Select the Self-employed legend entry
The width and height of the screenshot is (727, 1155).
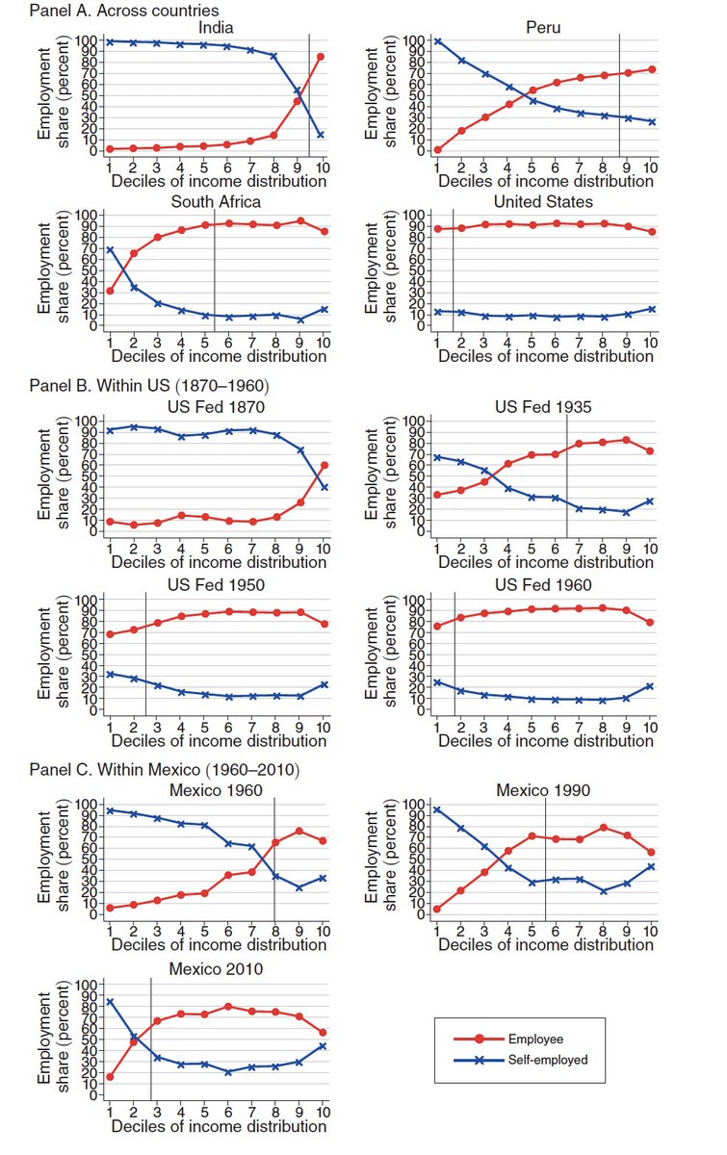[x=521, y=1060]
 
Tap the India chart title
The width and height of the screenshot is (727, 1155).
[x=216, y=27]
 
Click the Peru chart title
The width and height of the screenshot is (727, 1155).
[x=543, y=27]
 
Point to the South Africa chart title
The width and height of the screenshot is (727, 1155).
[x=216, y=201]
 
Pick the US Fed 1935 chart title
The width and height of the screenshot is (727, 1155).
[x=543, y=407]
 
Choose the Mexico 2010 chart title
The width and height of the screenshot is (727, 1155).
[x=216, y=969]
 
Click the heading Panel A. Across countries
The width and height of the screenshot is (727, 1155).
[x=124, y=11]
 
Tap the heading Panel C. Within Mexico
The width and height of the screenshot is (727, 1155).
[x=165, y=770]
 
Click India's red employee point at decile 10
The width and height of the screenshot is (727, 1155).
[x=321, y=57]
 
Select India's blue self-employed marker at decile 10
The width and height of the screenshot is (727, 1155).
[x=321, y=135]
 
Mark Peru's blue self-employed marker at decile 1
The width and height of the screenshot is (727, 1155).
[x=437, y=40]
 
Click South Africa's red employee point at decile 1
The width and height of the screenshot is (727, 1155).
[x=110, y=292]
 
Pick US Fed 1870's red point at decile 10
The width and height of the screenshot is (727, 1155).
[x=325, y=465]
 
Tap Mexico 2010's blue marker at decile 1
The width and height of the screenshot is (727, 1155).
[x=110, y=1001]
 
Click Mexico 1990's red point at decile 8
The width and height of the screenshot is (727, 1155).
[x=603, y=827]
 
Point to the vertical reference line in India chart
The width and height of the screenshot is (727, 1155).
[x=309, y=95]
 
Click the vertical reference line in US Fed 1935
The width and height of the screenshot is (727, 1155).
[x=567, y=475]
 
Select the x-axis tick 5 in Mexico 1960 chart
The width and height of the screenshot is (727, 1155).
[x=204, y=931]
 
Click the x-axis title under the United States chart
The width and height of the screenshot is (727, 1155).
[x=546, y=356]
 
